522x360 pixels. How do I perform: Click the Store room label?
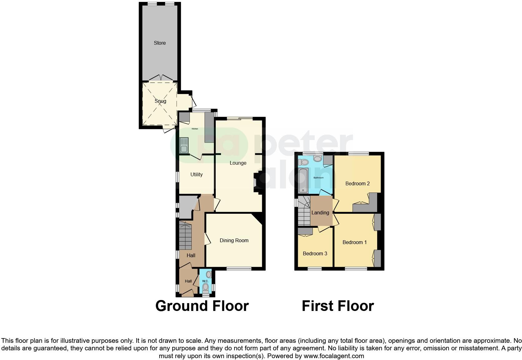(160, 43)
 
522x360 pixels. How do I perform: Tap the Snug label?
(160, 101)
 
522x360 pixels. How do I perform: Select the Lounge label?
(238, 163)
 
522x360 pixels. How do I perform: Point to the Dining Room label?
(234, 240)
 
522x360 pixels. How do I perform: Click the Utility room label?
(196, 174)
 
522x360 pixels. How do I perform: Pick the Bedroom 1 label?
(354, 242)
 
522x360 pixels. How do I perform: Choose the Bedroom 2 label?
(357, 183)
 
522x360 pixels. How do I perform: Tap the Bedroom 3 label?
(315, 253)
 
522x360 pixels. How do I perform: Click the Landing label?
(320, 212)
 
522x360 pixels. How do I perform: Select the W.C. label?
(205, 281)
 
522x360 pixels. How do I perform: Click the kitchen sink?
(184, 146)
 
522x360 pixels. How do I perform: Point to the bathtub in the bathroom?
(303, 181)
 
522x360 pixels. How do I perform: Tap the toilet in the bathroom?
(303, 162)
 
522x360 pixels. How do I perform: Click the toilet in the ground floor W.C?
(205, 287)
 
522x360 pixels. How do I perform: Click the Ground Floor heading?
(202, 306)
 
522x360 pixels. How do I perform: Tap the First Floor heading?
(337, 306)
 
